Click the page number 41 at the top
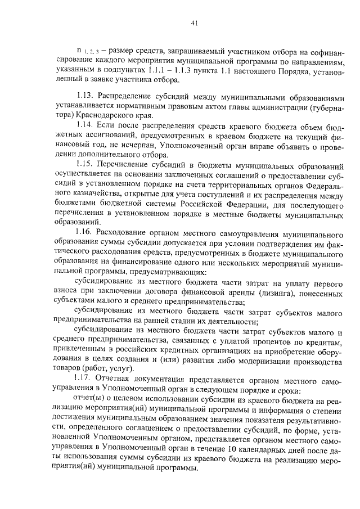click(x=193, y=23)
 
